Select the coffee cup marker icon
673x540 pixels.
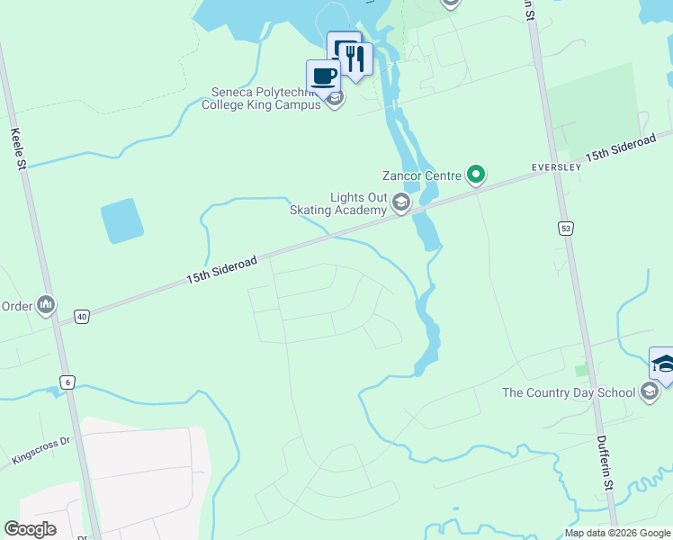coord(323,76)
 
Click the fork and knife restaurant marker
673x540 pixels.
coord(355,58)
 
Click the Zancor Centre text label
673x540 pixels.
coord(421,175)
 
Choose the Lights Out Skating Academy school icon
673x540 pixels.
coord(401,204)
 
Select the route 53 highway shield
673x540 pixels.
coord(565,229)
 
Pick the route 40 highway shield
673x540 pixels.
coord(82,317)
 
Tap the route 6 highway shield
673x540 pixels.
coord(67,382)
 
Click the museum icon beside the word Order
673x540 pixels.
coord(46,306)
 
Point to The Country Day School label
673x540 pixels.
coord(568,392)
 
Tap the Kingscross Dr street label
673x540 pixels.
coord(40,450)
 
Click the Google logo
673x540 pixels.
coord(30,529)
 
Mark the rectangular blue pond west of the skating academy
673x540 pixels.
coord(122,221)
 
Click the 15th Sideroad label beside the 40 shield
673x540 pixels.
coord(222,270)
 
